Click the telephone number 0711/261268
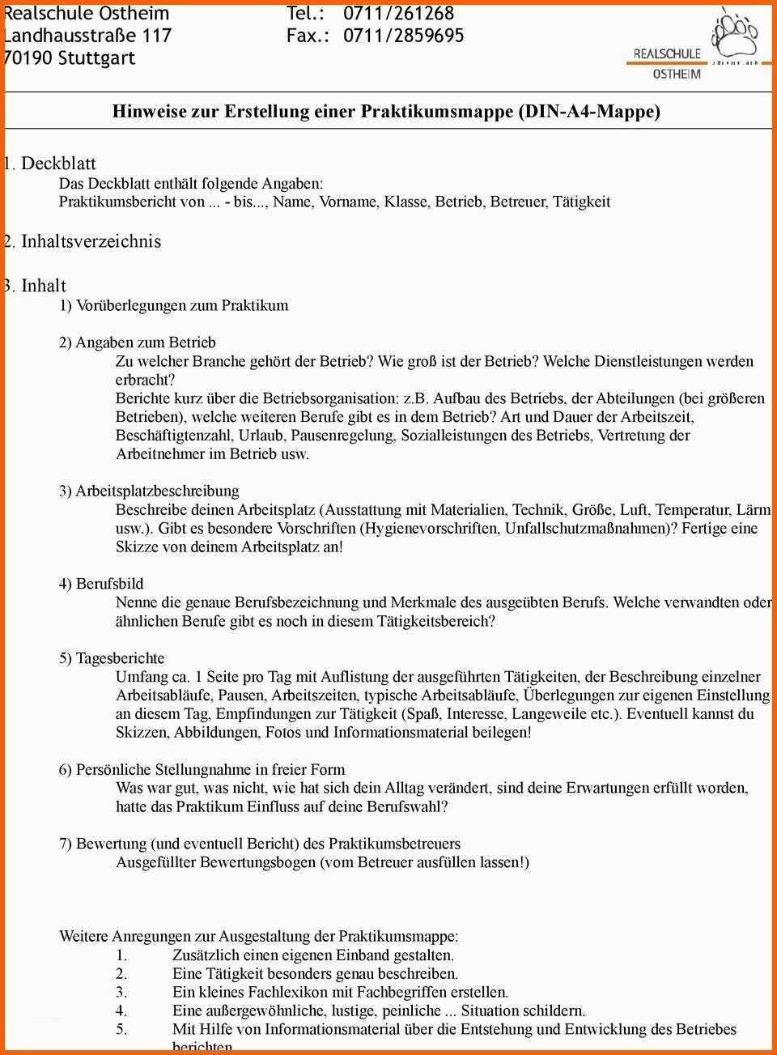[x=398, y=14]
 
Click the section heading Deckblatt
[x=58, y=164]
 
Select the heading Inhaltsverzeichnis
[x=91, y=241]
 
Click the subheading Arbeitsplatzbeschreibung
[x=157, y=491]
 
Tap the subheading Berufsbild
[x=109, y=584]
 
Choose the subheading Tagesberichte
[x=120, y=658]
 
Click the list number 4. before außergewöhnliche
[x=121, y=1010]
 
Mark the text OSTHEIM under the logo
[x=677, y=74]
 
